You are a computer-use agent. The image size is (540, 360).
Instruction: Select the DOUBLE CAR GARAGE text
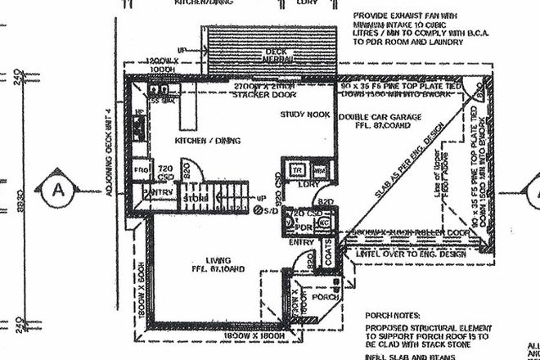pos(379,117)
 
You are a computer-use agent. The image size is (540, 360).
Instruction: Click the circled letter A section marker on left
pos(57,190)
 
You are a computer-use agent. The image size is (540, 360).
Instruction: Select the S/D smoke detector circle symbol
pos(258,210)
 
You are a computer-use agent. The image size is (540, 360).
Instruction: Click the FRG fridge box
pos(139,170)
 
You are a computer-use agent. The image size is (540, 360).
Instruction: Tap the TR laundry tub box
pos(299,169)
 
